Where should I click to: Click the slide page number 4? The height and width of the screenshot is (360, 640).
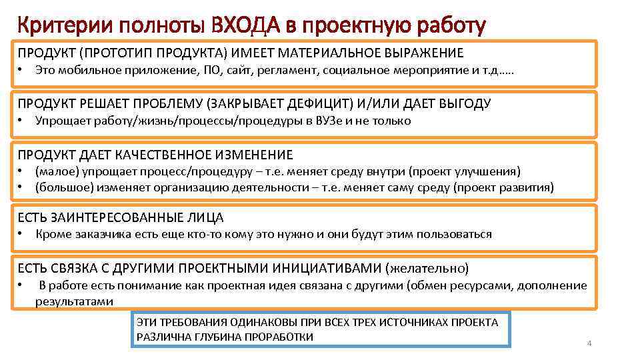[589, 343]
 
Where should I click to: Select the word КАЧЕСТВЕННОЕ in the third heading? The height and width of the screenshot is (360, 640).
[173, 155]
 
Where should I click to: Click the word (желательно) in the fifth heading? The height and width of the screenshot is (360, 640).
[427, 268]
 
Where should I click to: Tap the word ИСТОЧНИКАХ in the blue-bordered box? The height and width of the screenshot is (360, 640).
[427, 323]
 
